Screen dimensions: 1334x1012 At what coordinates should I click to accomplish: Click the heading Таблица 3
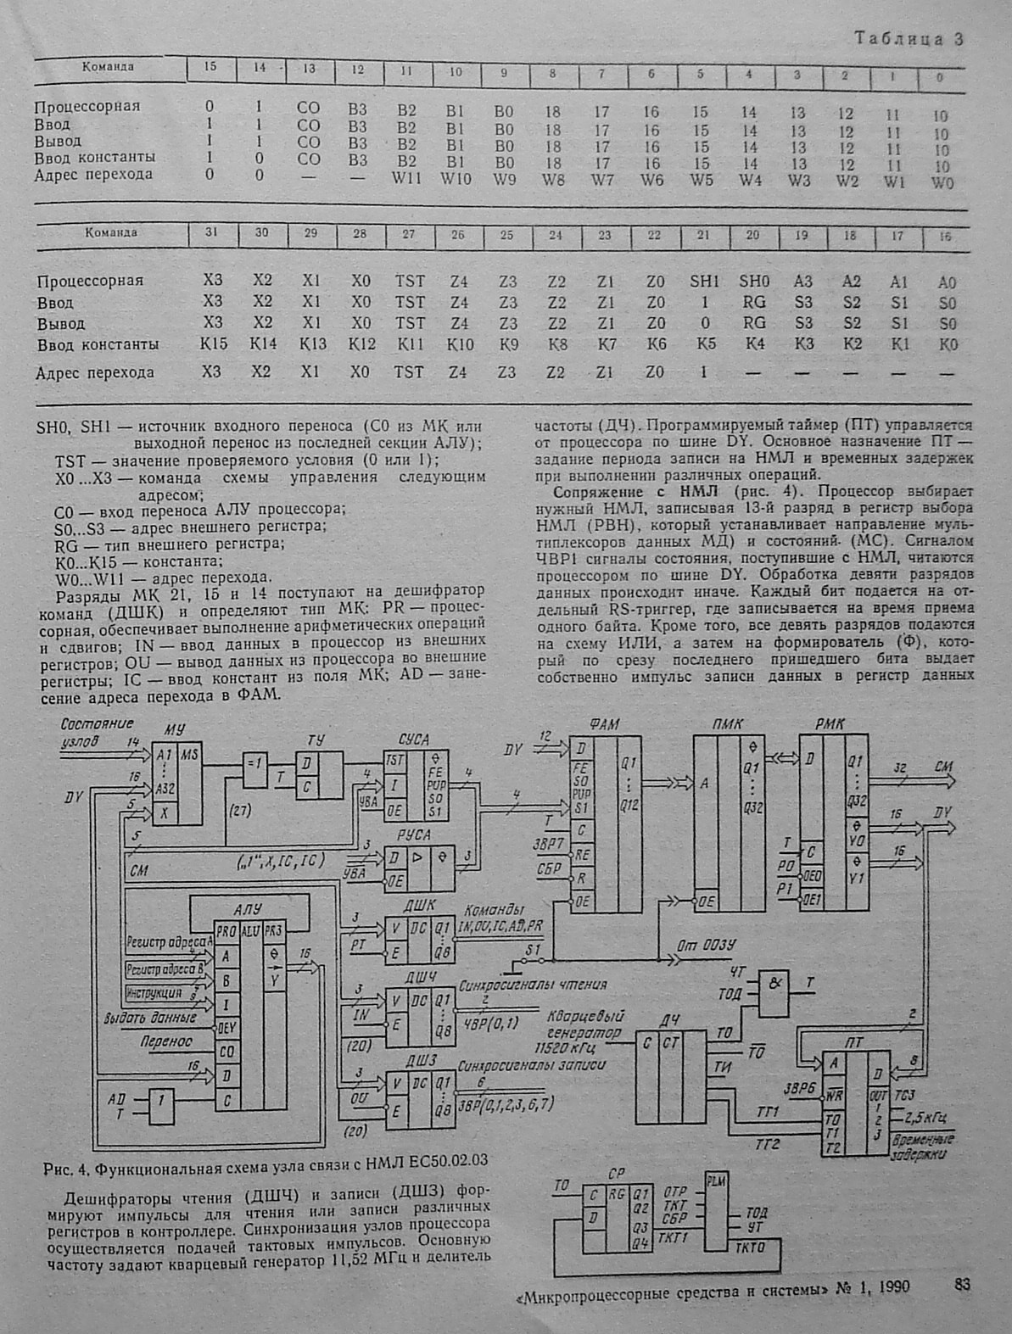tap(909, 38)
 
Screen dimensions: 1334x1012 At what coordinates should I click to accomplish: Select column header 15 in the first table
tap(210, 67)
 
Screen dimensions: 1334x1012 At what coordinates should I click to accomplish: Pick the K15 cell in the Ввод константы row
tap(212, 344)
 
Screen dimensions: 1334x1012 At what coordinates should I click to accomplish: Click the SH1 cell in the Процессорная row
tap(703, 281)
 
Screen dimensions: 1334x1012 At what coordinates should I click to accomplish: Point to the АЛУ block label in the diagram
tap(248, 909)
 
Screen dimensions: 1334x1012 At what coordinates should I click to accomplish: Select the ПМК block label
tap(728, 724)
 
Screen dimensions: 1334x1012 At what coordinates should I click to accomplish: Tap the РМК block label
tap(829, 724)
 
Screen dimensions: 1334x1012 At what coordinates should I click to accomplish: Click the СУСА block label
tap(413, 740)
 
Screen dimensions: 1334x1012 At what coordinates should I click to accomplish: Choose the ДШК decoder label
tap(419, 905)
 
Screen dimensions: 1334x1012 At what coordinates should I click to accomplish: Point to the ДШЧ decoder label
tap(420, 977)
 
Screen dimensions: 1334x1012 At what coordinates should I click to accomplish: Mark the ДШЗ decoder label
tap(419, 1060)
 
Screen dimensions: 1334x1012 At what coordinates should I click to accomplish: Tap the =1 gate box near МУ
tap(254, 761)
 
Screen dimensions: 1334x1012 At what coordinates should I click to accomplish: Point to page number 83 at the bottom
tap(961, 1285)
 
